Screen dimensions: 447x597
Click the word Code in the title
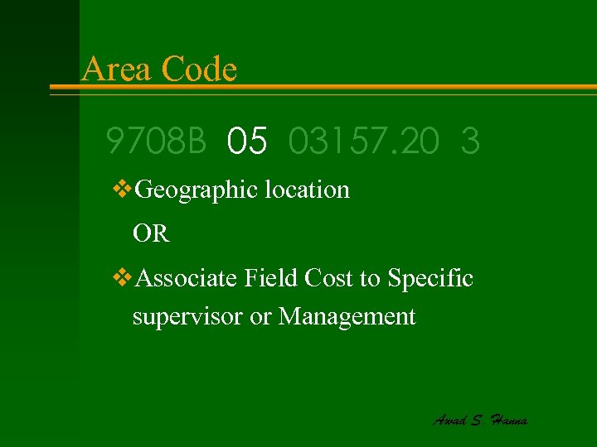tap(200, 69)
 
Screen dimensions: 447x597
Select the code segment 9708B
tap(156, 142)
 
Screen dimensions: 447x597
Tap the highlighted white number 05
tap(247, 142)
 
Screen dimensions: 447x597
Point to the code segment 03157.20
tap(365, 142)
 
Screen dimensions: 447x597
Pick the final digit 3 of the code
tap(470, 142)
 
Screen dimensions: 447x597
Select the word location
tap(308, 190)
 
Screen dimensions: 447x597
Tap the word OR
tap(151, 234)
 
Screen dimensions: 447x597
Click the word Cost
tap(329, 279)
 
